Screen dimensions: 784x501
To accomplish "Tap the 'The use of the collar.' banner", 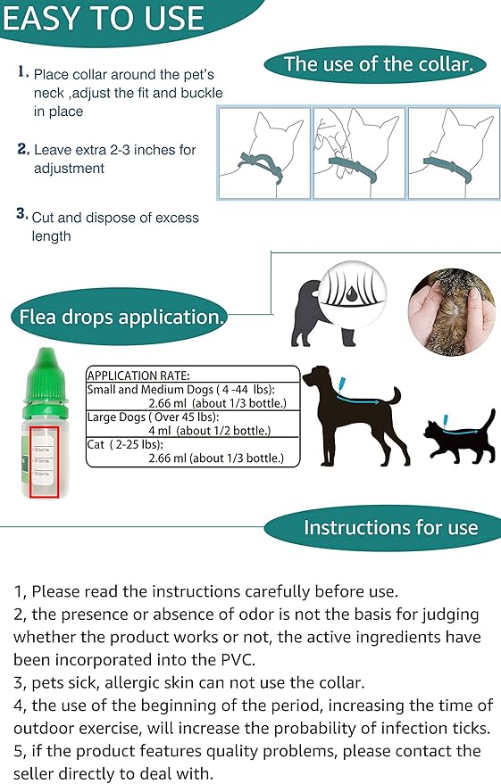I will [384, 64].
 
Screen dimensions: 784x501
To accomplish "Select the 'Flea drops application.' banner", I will [118, 317].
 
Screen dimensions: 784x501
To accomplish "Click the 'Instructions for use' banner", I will [390, 527].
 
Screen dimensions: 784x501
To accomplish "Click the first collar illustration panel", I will [265, 152].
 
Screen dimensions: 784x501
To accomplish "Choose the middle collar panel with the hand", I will [358, 152].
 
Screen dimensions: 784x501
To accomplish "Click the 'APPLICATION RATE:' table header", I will [138, 375].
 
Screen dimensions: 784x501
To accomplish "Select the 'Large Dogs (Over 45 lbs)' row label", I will [152, 417].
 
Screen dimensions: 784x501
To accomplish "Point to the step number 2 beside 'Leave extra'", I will [22, 149].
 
